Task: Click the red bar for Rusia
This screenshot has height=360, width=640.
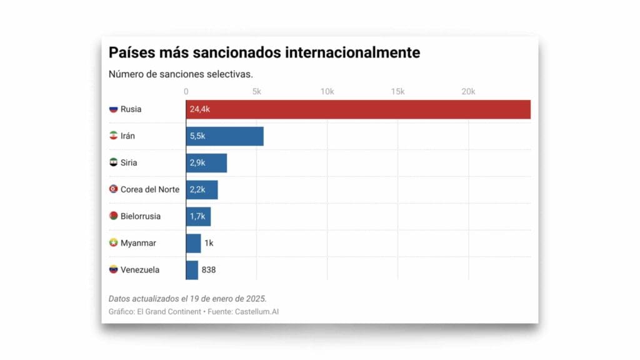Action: pyautogui.click(x=358, y=109)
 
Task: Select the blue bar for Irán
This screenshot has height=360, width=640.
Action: pyautogui.click(x=225, y=136)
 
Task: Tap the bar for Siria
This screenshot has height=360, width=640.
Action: pyautogui.click(x=206, y=163)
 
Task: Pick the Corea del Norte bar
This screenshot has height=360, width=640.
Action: pyautogui.click(x=202, y=190)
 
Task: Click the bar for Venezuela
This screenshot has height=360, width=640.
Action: pyautogui.click(x=192, y=270)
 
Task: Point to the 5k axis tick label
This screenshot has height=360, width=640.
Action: pyautogui.click(x=256, y=92)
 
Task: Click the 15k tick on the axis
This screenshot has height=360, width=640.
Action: pyautogui.click(x=397, y=92)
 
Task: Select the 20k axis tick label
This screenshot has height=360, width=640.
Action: pyautogui.click(x=468, y=92)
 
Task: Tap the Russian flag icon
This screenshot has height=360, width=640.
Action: pyautogui.click(x=113, y=109)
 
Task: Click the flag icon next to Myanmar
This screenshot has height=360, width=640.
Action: pyautogui.click(x=113, y=243)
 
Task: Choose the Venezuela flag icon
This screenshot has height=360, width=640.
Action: pyautogui.click(x=113, y=270)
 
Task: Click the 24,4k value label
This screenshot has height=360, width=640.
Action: pyautogui.click(x=199, y=109)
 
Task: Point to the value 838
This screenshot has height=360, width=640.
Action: pyautogui.click(x=209, y=270)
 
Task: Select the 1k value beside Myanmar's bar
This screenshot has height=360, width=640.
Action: pyautogui.click(x=209, y=243)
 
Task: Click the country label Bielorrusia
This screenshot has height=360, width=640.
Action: pyautogui.click(x=141, y=216)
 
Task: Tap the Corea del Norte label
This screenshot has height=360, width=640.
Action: pyautogui.click(x=150, y=189)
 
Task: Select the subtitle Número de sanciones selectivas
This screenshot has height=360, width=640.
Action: pyautogui.click(x=181, y=74)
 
